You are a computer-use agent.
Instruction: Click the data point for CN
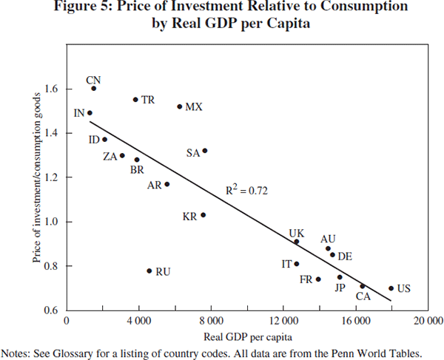[x=94, y=88]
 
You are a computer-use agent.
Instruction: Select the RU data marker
[x=149, y=271]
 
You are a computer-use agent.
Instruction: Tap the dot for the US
[x=391, y=288]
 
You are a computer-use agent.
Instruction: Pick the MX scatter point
[x=180, y=106]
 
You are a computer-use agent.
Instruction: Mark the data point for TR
[x=135, y=99]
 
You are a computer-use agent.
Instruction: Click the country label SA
[x=193, y=153]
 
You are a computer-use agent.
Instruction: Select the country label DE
[x=345, y=257]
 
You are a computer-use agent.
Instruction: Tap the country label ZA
[x=110, y=156]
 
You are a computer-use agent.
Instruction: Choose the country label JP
[x=340, y=288]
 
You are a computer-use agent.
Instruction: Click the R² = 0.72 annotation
[x=246, y=190]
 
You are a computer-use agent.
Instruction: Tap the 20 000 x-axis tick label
[x=428, y=322]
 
